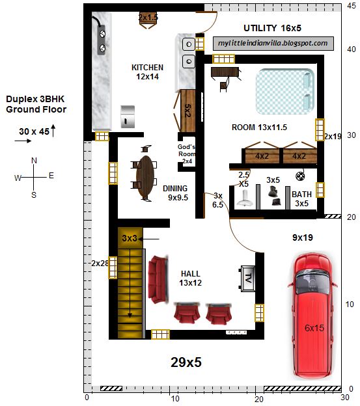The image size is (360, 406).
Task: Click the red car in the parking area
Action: pos(312,316)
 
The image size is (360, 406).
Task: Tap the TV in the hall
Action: pos(247,278)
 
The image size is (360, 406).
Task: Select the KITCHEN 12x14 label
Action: pos(147,72)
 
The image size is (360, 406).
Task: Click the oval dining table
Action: pos(145,176)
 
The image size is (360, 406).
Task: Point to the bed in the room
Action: pos(285,91)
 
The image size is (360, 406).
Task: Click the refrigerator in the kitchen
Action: pos(128,116)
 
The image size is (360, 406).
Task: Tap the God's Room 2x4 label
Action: pos(186,154)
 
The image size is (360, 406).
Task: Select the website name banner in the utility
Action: pos(273,43)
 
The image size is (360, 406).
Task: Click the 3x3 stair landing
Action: pos(130,237)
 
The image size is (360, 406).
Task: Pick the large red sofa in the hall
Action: pos(158,279)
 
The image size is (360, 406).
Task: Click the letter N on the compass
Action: pos(34,161)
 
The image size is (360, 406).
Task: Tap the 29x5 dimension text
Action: pos(186,362)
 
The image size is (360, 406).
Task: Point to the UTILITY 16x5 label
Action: pos(272,28)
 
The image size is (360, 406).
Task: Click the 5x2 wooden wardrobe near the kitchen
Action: pos(187,111)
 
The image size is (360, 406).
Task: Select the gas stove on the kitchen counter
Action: pos(102,40)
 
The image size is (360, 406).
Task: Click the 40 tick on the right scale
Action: pos(351,49)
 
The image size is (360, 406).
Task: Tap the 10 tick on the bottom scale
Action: pos(175,399)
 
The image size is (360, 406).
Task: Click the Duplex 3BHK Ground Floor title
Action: pos(36,104)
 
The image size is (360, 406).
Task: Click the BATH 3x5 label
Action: pos(301,198)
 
